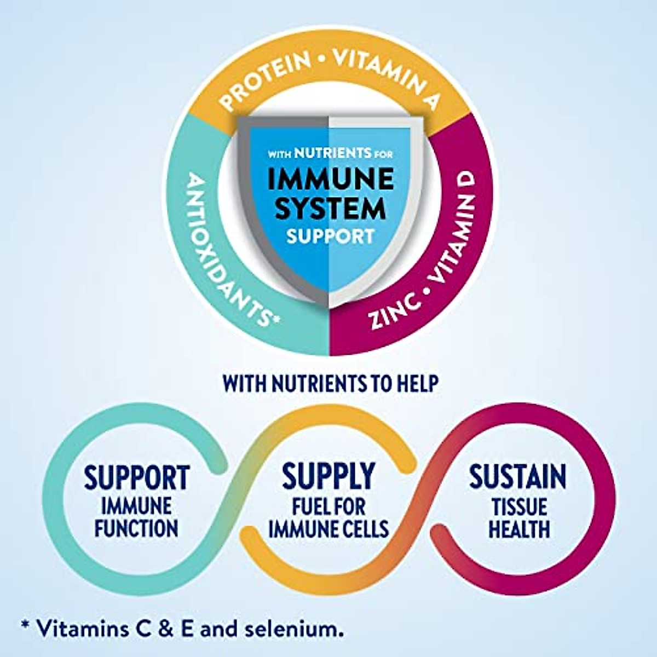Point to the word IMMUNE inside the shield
point(330,180)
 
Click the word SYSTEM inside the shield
point(330,208)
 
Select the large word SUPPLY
point(328,476)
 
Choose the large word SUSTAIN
point(517,476)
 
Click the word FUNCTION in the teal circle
point(136,529)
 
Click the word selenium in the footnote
point(299,629)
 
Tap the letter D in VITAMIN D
point(466,185)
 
